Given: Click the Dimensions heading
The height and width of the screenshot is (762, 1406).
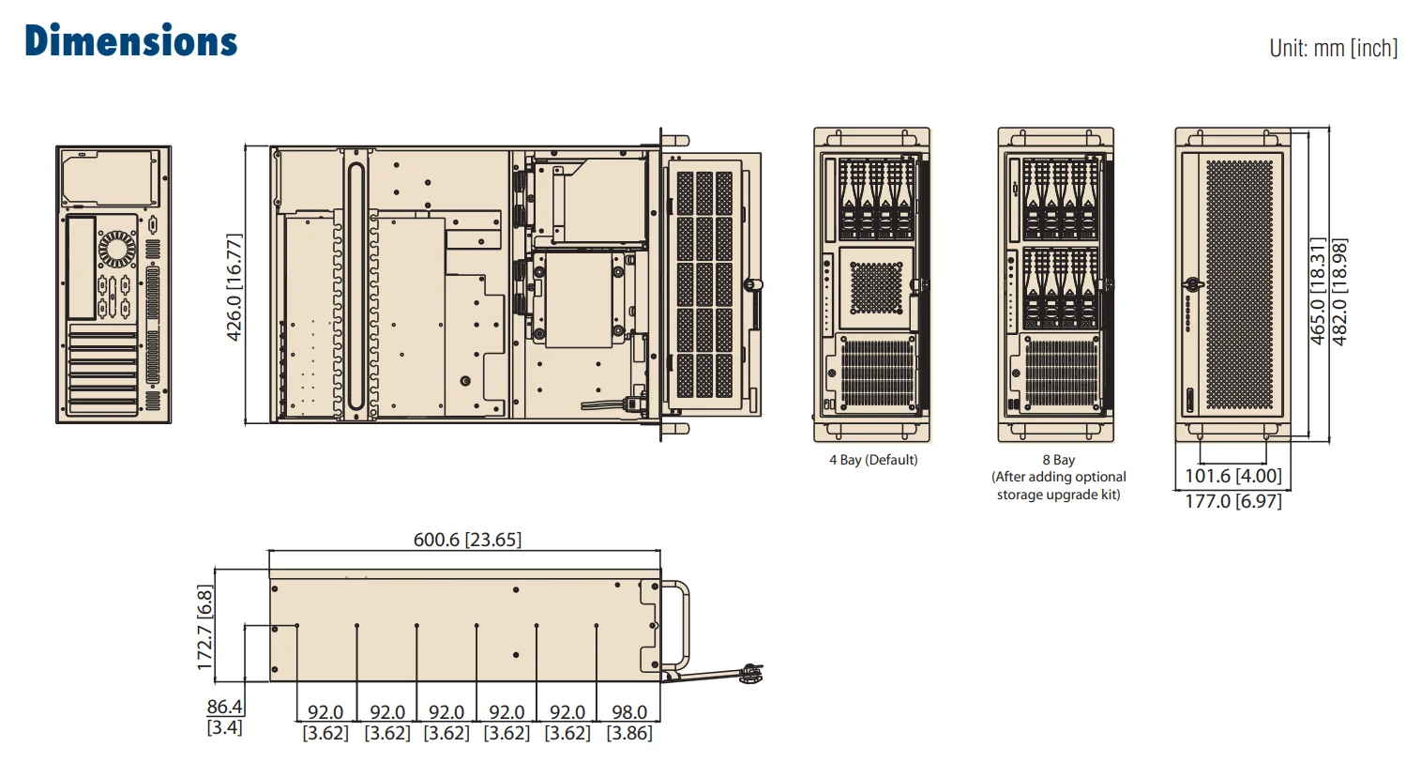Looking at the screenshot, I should pos(131,42).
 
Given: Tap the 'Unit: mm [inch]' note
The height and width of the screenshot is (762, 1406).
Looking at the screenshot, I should pos(1333,48).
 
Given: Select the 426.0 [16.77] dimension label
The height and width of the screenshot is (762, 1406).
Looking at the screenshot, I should pos(234,286).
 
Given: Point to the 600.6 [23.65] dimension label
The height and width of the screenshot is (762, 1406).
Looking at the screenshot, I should pos(467,540).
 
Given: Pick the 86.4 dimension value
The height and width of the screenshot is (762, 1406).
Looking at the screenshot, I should pos(224,707).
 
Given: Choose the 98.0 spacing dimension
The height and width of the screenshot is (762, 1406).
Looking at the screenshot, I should pos(628,712).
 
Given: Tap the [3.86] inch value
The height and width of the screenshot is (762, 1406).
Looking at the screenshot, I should pos(628,733).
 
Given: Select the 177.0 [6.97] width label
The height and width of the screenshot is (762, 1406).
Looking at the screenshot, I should pos(1232,501).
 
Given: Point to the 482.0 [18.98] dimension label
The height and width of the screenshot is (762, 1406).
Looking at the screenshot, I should pos(1340,292).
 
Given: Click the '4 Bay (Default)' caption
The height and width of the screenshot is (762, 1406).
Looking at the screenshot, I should pos(873,460).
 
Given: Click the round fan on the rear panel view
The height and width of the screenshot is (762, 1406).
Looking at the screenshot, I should pos(117,251).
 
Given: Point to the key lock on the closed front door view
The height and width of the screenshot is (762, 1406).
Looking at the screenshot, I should pos(1193,282).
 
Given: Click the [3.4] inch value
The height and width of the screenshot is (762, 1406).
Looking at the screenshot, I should pos(224,727).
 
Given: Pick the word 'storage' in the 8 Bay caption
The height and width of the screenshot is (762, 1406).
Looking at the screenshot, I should pos(1020,495).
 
